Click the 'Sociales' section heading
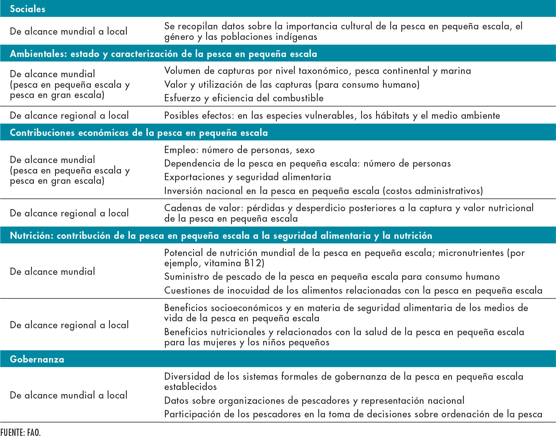pos(27,9)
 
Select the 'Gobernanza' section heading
pos(37,359)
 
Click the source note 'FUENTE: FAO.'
pos(20,433)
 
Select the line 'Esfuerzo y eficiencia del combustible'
pos(244,98)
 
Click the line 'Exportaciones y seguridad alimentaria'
pos(247,177)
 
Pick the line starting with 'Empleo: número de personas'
pos(239,150)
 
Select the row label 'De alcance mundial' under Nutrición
pos(52,271)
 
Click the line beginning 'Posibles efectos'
pos(332,116)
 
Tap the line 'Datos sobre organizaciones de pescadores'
pos(314,400)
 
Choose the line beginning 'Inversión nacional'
pos(323,191)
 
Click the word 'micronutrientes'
pos(471,253)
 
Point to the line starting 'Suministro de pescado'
pos(332,276)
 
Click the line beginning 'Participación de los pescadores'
pos(353,414)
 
